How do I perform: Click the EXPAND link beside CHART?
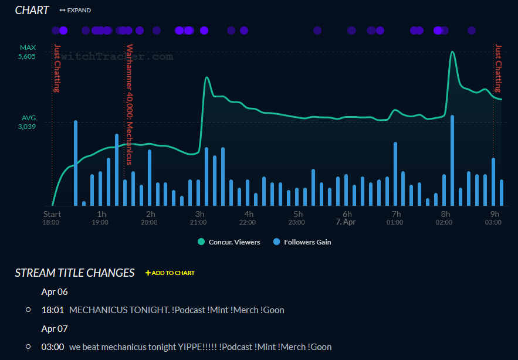point(76,11)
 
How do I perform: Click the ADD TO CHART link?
point(170,273)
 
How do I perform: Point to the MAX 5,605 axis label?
point(28,52)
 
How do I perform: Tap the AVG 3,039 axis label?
point(28,122)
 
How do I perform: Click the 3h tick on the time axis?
point(200,214)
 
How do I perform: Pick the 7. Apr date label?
point(346,222)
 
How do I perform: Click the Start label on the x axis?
point(52,214)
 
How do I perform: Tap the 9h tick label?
point(495,214)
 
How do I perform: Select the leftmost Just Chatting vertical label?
point(57,69)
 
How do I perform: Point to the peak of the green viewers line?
point(452,52)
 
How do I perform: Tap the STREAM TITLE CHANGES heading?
point(75,273)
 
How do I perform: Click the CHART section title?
point(32,11)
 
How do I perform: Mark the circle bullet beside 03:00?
point(28,347)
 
